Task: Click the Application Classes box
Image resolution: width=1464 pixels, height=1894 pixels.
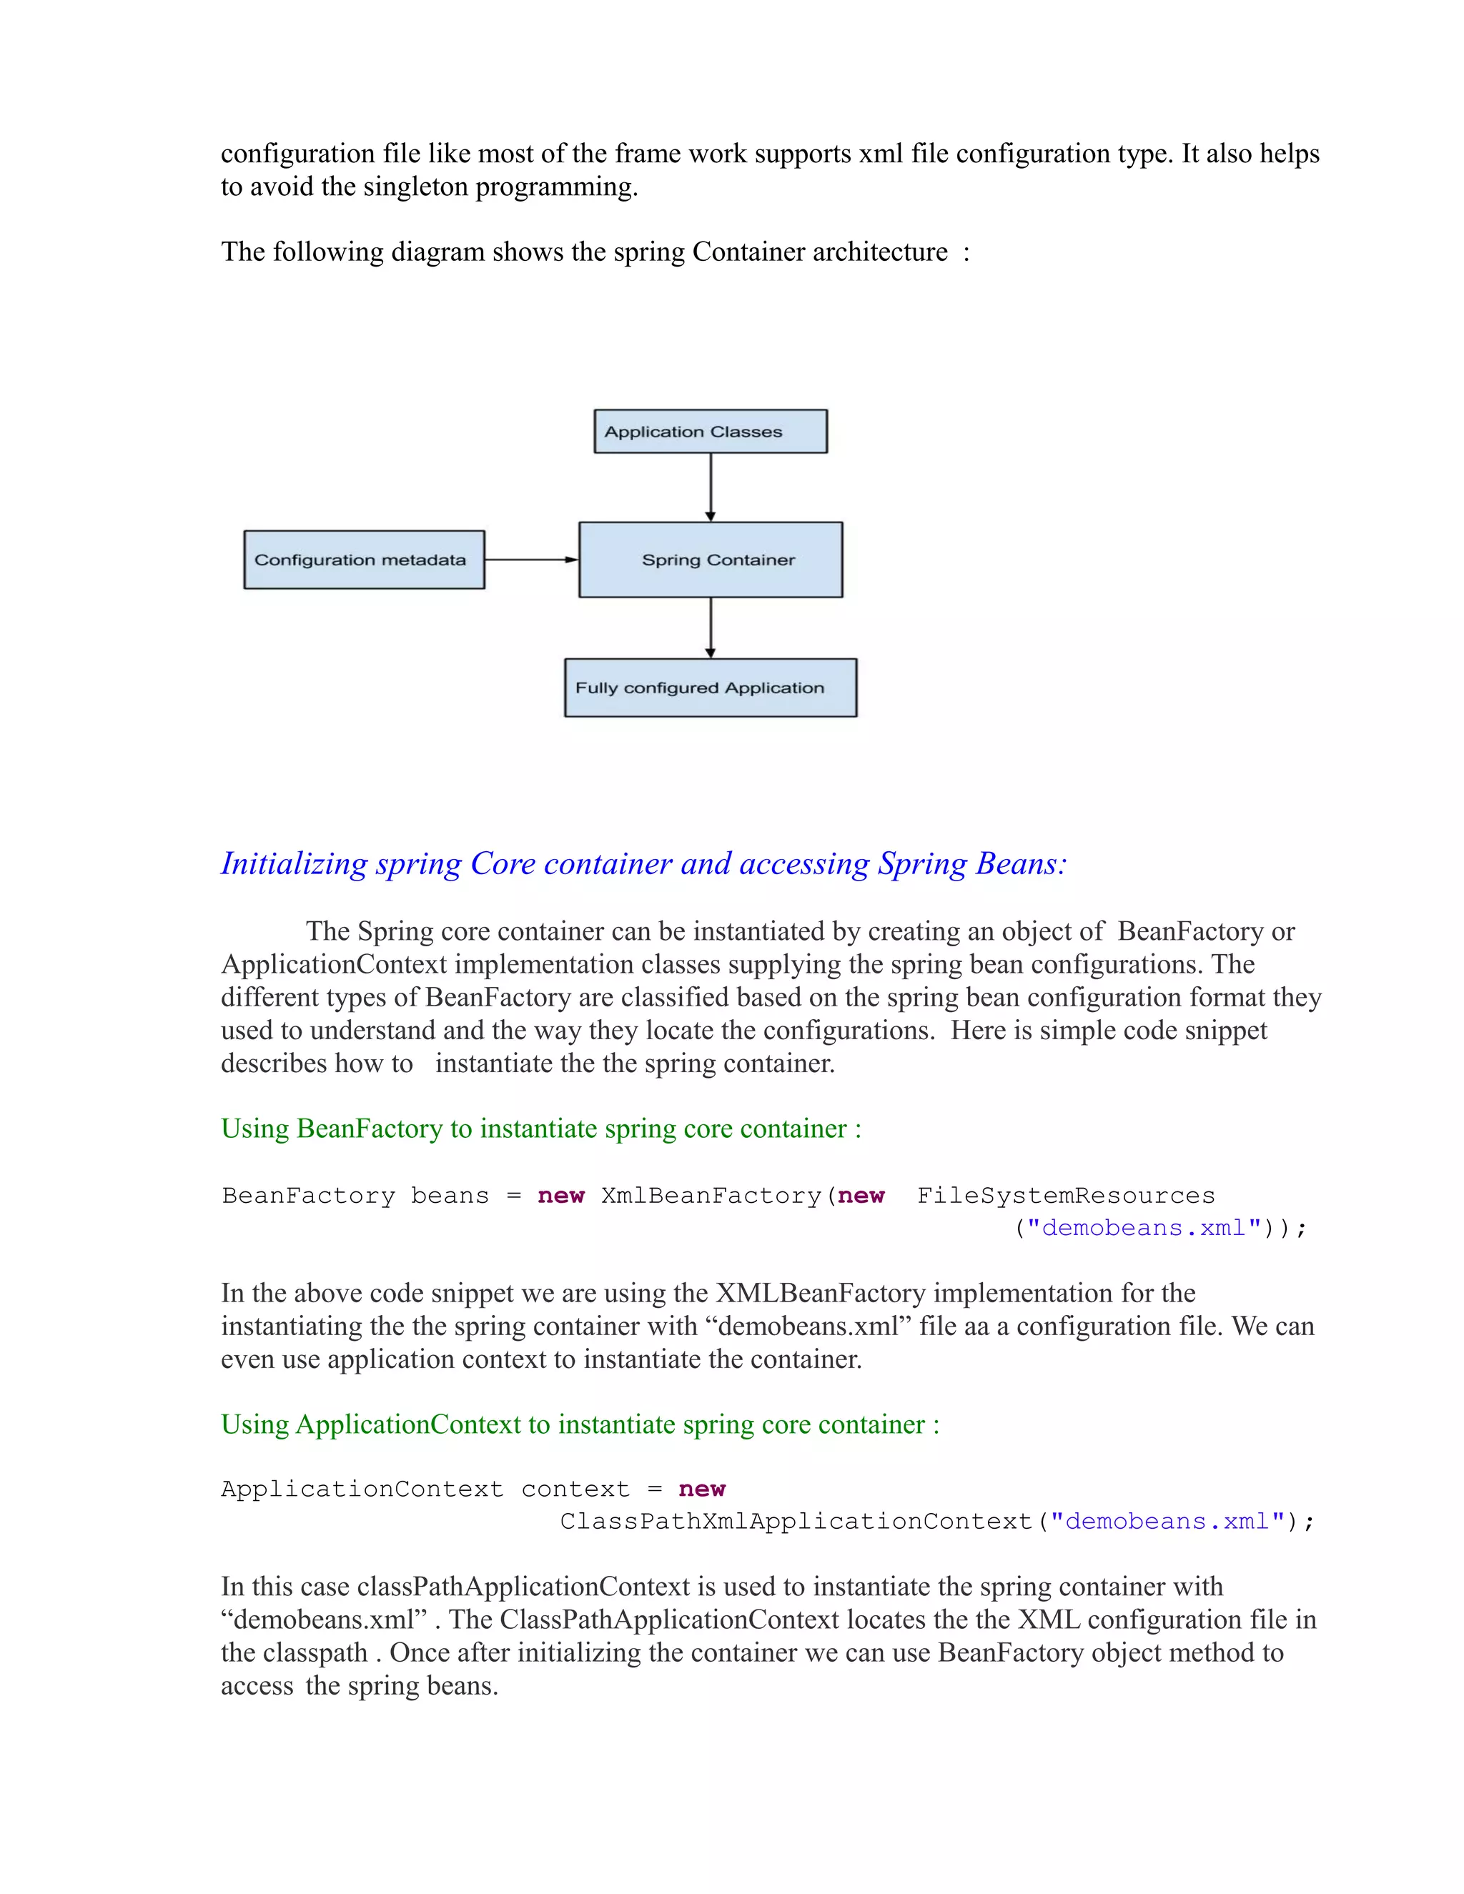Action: (x=711, y=431)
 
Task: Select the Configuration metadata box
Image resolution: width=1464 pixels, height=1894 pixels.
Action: (x=363, y=560)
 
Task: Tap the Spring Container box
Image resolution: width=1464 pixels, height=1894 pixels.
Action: (x=711, y=560)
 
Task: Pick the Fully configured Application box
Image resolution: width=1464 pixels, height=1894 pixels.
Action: (x=711, y=688)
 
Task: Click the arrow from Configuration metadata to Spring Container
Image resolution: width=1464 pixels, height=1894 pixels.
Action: (x=531, y=560)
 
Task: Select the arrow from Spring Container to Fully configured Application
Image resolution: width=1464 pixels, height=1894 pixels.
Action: (x=711, y=627)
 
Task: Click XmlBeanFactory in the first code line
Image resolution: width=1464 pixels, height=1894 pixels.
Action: (x=711, y=1196)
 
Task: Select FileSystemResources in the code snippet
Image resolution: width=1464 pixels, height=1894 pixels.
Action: (x=1066, y=1196)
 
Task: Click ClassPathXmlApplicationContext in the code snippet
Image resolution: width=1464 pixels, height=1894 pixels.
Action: (x=796, y=1522)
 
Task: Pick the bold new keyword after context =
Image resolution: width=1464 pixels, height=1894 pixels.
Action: (x=702, y=1489)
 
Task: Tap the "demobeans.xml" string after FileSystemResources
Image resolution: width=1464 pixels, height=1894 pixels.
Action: (x=1143, y=1228)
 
